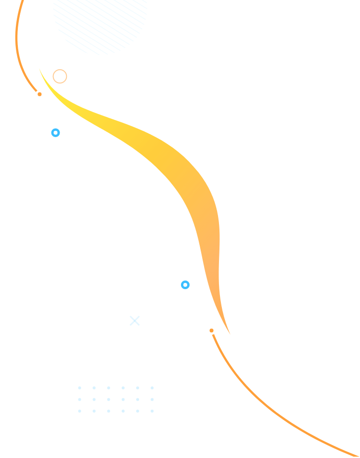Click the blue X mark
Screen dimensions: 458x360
135,320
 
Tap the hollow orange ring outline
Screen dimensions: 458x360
60,76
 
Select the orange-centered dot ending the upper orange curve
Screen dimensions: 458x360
39,94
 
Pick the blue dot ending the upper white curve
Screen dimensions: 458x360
55,133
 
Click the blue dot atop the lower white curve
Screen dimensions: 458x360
185,285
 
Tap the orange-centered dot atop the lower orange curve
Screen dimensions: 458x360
211,331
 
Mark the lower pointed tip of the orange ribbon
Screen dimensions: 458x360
230,333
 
